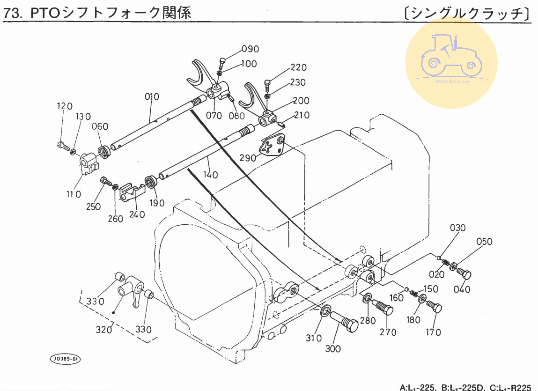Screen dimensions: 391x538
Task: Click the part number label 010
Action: (x=152, y=97)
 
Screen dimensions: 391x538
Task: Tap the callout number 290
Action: (x=248, y=158)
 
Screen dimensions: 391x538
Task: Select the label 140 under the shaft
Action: (x=211, y=175)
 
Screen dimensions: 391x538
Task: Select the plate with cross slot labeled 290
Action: (x=273, y=146)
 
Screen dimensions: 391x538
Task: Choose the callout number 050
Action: (x=485, y=242)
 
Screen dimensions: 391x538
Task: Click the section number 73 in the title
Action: (x=13, y=14)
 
